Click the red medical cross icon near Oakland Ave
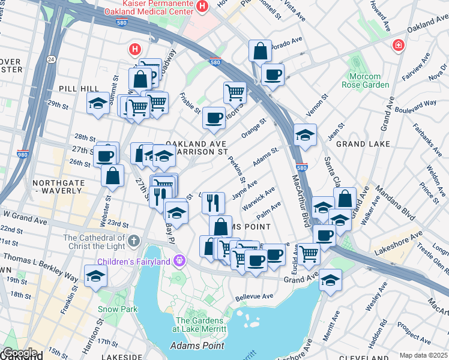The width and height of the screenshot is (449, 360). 397,46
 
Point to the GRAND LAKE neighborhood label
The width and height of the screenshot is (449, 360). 363,145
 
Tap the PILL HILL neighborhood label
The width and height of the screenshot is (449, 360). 74,88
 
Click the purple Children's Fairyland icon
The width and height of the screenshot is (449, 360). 178,261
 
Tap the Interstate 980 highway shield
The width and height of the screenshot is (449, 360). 23,154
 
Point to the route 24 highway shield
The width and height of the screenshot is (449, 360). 51,59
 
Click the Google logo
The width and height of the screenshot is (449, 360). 20,353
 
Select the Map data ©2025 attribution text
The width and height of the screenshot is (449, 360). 423,355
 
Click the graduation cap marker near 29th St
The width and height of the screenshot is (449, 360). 98,103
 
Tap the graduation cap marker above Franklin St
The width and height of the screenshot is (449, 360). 95,276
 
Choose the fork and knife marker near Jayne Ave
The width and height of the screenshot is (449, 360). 212,202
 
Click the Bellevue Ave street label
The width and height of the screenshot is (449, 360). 255,296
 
